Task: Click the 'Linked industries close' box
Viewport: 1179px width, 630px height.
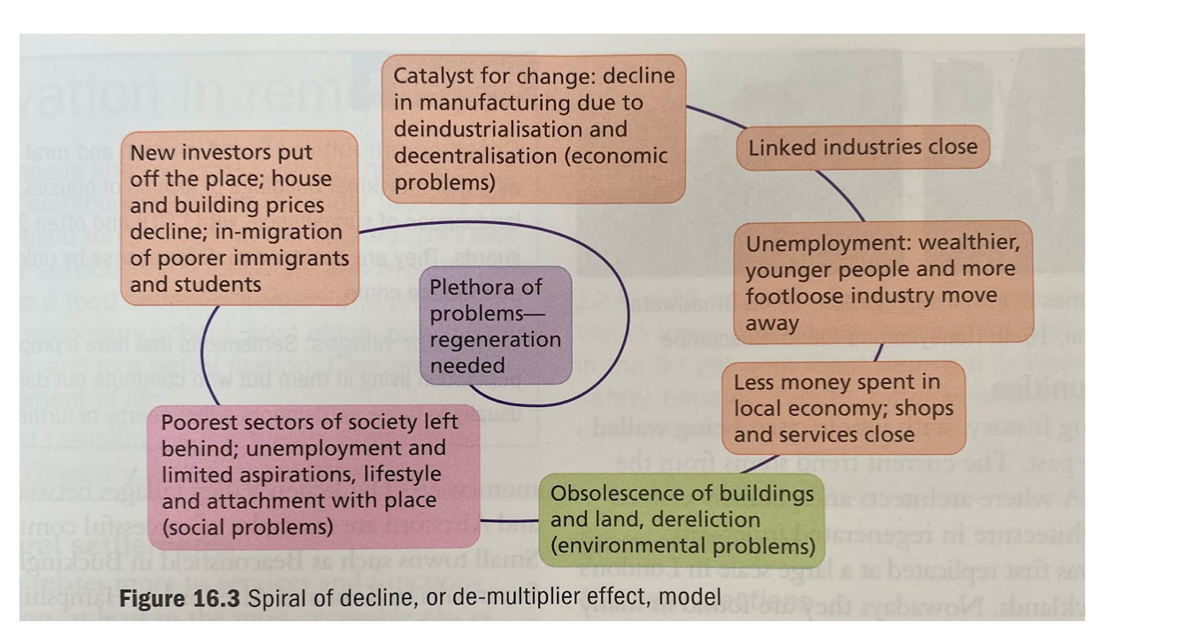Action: click(x=863, y=148)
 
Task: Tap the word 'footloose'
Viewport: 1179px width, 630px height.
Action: click(x=789, y=296)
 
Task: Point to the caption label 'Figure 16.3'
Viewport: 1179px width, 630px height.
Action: click(x=179, y=598)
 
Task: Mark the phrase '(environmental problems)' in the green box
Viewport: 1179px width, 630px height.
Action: click(x=682, y=546)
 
